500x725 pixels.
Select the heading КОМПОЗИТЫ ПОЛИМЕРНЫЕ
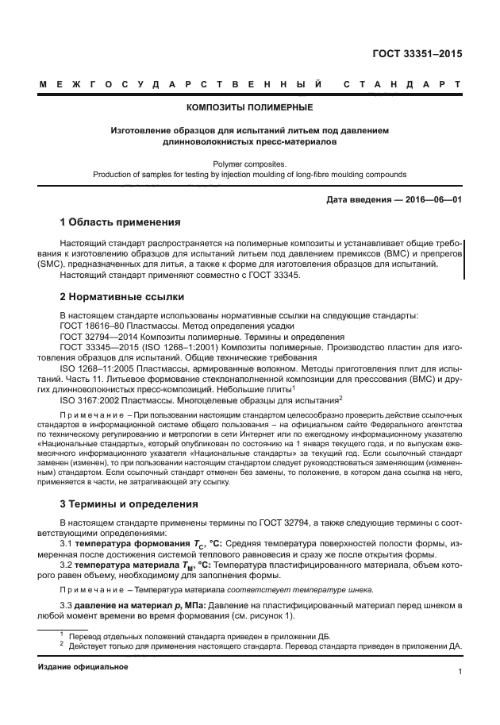(x=249, y=106)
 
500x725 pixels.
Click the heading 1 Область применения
(x=121, y=222)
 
